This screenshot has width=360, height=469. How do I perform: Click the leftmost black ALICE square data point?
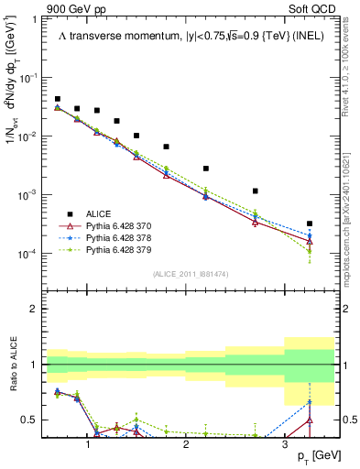58,99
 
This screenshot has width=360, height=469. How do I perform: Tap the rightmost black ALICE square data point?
310,224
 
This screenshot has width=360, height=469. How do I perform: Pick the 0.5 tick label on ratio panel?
30,420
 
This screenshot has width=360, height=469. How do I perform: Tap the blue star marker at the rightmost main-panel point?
310,236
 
